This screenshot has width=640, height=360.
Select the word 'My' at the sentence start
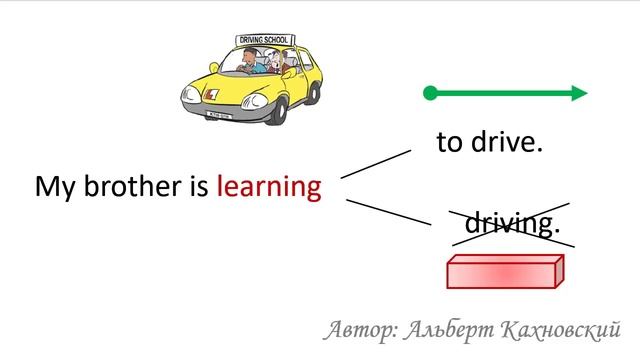click(x=51, y=187)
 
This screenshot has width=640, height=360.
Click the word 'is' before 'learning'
click(x=195, y=187)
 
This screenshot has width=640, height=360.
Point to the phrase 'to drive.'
click(x=489, y=142)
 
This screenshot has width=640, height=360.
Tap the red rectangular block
click(x=504, y=272)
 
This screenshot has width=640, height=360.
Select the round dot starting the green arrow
click(x=430, y=94)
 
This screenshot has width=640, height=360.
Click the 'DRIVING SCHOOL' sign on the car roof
click(x=262, y=40)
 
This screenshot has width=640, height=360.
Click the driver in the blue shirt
click(x=247, y=65)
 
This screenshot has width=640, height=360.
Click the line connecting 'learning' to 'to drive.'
click(x=375, y=164)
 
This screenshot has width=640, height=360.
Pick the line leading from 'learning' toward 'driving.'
click(x=388, y=212)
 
